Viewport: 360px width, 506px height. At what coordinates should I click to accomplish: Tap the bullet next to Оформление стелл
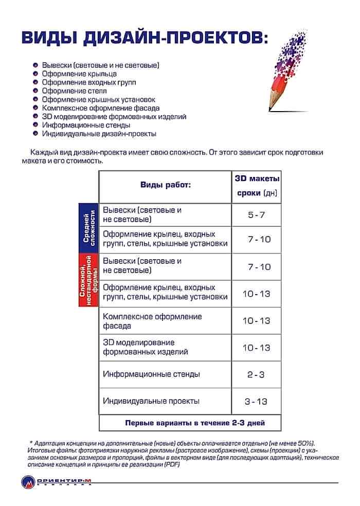click(34, 91)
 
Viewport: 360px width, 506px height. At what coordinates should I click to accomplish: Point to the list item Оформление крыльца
click(79, 74)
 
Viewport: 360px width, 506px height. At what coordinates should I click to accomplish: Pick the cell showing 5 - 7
click(256, 215)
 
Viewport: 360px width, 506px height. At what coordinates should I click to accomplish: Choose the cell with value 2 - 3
click(256, 374)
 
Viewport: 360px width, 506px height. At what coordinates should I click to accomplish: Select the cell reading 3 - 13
click(256, 401)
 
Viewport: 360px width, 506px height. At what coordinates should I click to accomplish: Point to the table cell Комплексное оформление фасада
click(153, 321)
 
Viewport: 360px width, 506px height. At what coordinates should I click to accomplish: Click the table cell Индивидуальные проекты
click(151, 401)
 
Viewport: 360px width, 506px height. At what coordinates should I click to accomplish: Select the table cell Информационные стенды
click(151, 374)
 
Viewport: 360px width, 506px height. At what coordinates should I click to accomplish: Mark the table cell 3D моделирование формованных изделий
click(146, 347)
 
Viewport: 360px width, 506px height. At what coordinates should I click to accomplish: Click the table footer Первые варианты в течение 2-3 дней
click(195, 423)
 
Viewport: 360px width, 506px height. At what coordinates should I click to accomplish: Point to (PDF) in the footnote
click(171, 464)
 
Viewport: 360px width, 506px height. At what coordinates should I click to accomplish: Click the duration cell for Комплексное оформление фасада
click(256, 320)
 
